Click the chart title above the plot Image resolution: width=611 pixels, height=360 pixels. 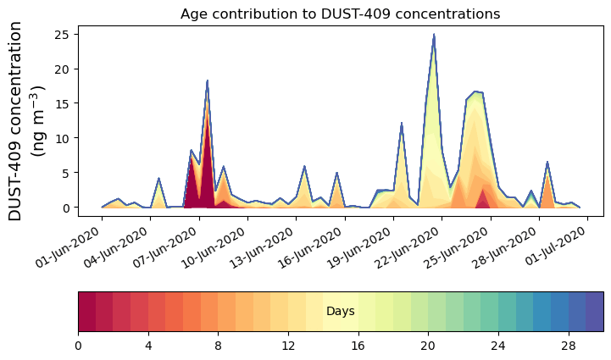click(340, 14)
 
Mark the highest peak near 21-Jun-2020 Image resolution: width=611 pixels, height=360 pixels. click(434, 36)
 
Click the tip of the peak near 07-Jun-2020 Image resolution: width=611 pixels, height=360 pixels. click(207, 81)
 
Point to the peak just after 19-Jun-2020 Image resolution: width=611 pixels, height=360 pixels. click(402, 124)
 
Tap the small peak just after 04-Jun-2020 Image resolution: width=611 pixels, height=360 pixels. click(158, 179)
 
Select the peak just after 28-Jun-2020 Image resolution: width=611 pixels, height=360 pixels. click(547, 162)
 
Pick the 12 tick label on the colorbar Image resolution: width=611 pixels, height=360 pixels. click(288, 346)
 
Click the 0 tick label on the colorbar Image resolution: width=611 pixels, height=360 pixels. click(78, 346)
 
